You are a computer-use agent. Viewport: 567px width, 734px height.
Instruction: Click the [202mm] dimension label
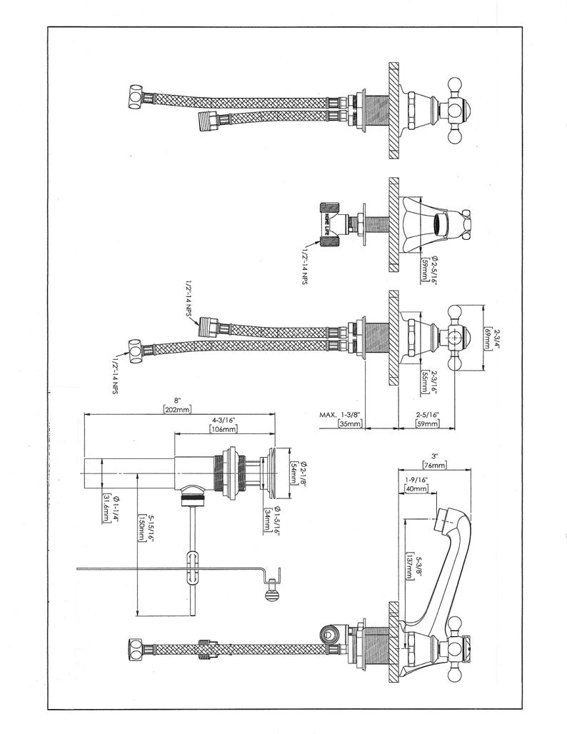pos(178,410)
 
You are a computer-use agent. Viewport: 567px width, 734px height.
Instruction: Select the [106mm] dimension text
pos(224,429)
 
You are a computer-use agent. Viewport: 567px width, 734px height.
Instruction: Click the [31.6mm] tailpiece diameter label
pos(106,509)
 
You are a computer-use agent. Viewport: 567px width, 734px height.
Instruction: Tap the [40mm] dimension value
pos(416,489)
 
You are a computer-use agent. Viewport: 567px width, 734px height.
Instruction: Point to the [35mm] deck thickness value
pos(350,423)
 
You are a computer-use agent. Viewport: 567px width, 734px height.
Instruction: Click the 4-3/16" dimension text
pos(224,420)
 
